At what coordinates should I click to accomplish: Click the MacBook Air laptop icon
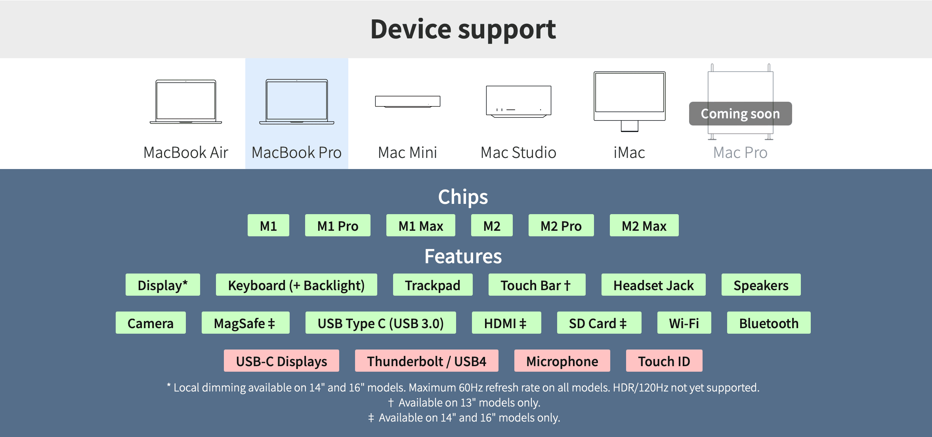point(186,102)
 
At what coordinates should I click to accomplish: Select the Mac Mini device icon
point(407,101)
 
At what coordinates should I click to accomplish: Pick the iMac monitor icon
point(629,101)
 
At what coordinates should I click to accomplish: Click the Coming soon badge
point(740,114)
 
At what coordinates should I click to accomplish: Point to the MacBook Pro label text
point(296,153)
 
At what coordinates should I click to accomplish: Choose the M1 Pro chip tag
point(338,226)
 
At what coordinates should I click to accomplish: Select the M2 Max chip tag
point(644,226)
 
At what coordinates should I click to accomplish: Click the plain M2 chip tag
point(492,226)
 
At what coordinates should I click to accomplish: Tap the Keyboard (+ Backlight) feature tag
point(296,285)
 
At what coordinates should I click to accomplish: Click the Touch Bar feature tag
point(537,285)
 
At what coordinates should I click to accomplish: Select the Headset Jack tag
point(653,285)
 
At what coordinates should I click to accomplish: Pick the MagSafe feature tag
point(245,323)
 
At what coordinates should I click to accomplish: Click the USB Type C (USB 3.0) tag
point(380,323)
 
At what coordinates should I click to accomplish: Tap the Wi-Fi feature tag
point(684,323)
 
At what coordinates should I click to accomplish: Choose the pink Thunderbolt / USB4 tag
point(426,361)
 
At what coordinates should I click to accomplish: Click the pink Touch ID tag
point(664,361)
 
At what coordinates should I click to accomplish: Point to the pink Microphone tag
point(562,361)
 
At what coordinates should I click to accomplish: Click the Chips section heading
point(463,197)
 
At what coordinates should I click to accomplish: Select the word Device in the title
point(411,29)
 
